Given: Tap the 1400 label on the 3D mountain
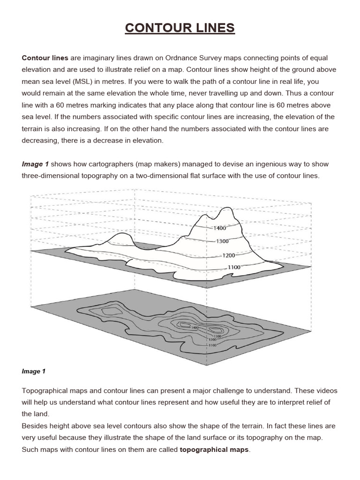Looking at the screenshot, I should click(x=219, y=228).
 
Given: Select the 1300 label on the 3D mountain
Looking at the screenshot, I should click(x=222, y=241).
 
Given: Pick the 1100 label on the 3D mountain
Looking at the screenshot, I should click(x=234, y=267).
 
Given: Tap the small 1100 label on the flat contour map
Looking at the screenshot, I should click(x=213, y=345).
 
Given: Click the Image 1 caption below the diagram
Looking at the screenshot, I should click(x=33, y=371).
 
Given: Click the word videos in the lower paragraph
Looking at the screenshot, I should click(x=326, y=390).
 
